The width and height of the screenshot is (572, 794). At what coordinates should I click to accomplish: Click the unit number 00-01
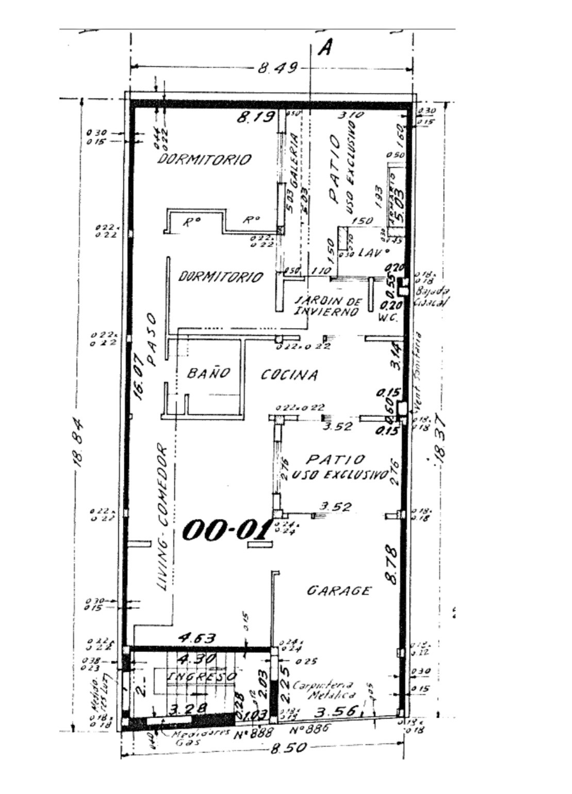(227, 530)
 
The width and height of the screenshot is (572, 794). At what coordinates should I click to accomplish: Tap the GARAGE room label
(339, 590)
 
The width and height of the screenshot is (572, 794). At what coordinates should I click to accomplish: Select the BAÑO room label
(208, 372)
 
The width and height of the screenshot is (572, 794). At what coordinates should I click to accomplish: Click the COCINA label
(289, 375)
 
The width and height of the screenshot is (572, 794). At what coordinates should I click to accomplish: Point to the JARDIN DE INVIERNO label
(328, 306)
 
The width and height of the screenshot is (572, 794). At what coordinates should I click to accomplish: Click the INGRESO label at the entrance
(203, 676)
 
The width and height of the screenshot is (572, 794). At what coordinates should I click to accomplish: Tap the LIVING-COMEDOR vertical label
(163, 517)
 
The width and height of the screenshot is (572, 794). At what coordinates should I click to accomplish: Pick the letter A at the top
(325, 48)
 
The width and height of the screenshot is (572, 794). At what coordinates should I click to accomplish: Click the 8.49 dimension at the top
(278, 68)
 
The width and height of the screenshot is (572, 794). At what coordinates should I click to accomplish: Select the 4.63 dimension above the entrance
(197, 638)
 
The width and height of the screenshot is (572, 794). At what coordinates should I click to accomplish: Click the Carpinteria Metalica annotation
(323, 690)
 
